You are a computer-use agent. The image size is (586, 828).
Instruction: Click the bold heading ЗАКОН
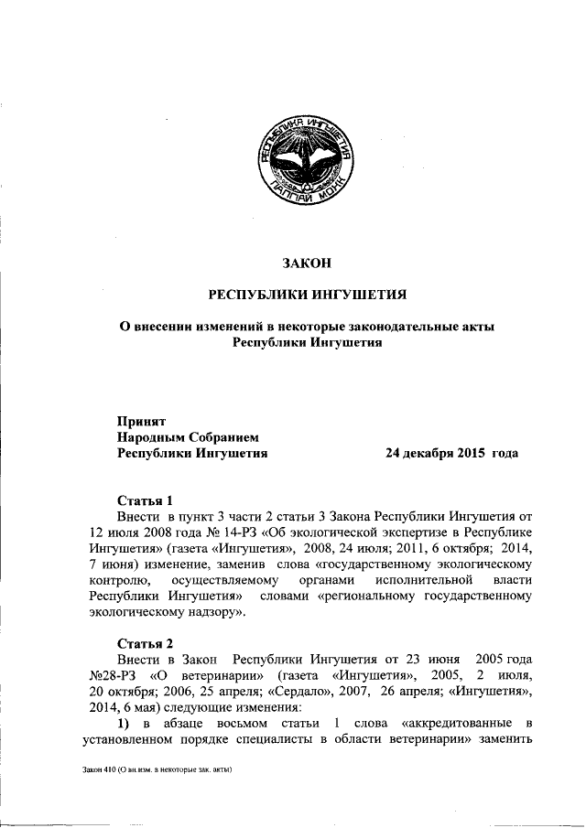tap(306, 263)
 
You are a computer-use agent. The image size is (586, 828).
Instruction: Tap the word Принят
tap(140, 422)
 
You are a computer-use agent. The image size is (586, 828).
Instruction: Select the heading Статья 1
tap(146, 501)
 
